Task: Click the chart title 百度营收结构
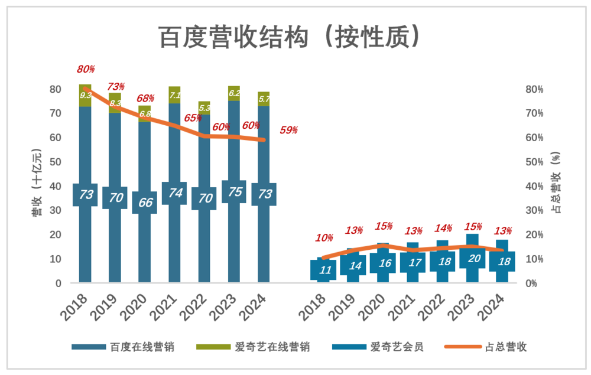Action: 289,37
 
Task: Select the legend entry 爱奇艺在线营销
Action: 272,347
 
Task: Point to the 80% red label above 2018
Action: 86,70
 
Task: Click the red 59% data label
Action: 288,131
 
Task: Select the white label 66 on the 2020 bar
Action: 145,202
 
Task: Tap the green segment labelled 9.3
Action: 86,95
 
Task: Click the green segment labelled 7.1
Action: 175,95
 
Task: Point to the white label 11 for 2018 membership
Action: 324,270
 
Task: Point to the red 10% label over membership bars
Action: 324,238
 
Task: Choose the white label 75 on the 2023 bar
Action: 234,192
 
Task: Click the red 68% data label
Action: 145,99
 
